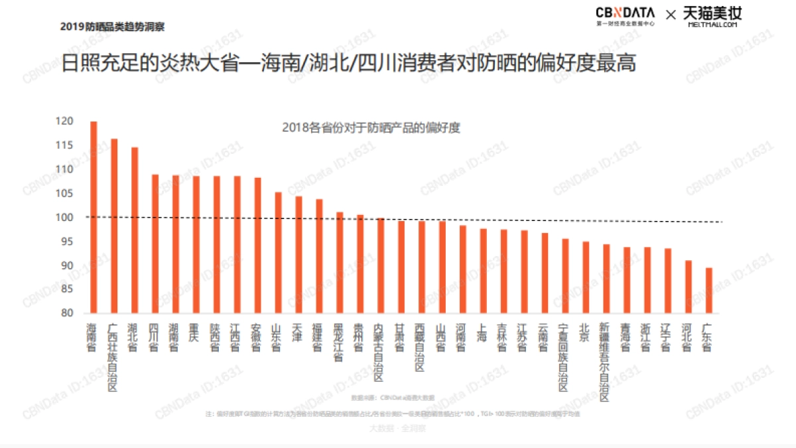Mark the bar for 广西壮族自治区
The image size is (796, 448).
(114, 226)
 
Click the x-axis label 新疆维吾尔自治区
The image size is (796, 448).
(605, 362)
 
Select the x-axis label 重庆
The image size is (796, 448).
(196, 333)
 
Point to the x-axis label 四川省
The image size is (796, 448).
(155, 338)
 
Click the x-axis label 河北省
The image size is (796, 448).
(688, 338)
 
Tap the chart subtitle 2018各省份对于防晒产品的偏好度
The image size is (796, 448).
(370, 128)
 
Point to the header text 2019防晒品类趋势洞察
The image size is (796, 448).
(112, 27)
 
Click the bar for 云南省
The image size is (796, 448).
(544, 273)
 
